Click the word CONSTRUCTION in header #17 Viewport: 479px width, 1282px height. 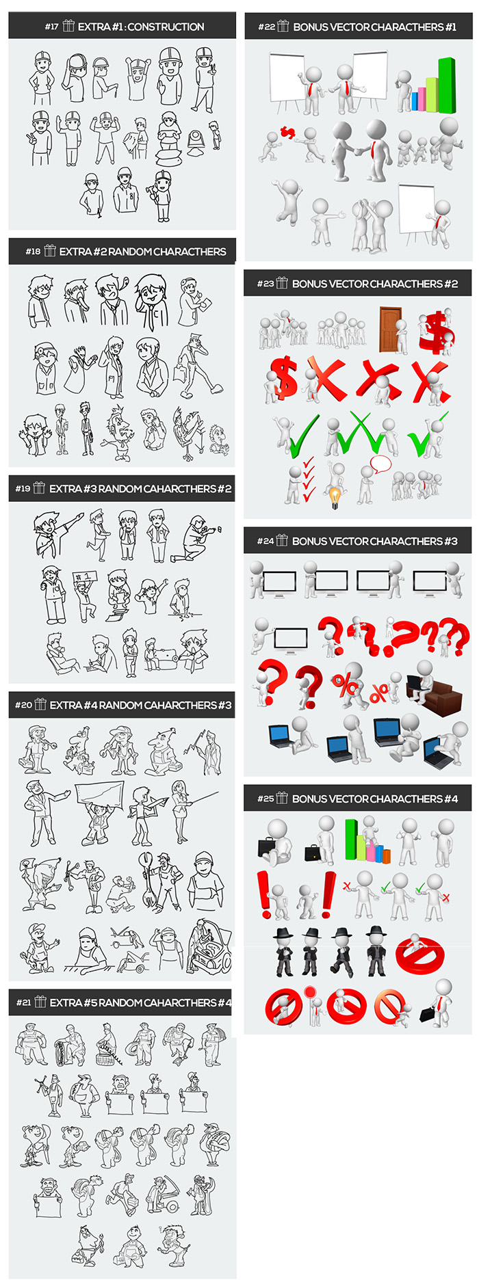click(x=166, y=27)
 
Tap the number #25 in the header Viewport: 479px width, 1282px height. click(x=266, y=799)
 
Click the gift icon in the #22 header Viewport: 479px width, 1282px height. click(x=283, y=26)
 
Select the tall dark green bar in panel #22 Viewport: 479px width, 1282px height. click(x=446, y=85)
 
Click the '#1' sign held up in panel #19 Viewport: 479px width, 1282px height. click(x=86, y=578)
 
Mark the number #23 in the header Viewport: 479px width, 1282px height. click(x=266, y=284)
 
